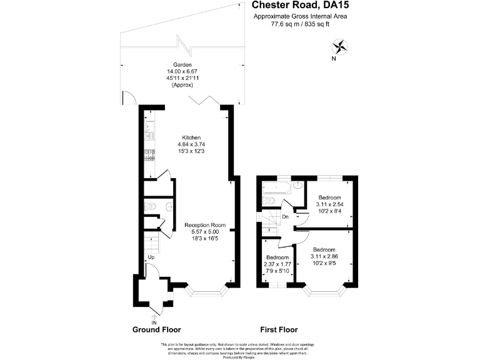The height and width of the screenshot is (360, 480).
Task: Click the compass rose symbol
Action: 340,47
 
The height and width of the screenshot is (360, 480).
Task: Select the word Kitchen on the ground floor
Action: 191,137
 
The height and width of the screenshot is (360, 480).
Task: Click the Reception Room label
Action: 204,225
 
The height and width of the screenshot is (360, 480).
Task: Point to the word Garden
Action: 182,64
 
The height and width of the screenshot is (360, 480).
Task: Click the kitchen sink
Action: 149,132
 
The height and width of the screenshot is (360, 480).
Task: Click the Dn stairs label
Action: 284,217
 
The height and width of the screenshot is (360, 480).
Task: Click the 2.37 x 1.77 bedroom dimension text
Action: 277,264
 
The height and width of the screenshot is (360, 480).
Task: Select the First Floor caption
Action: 279,329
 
